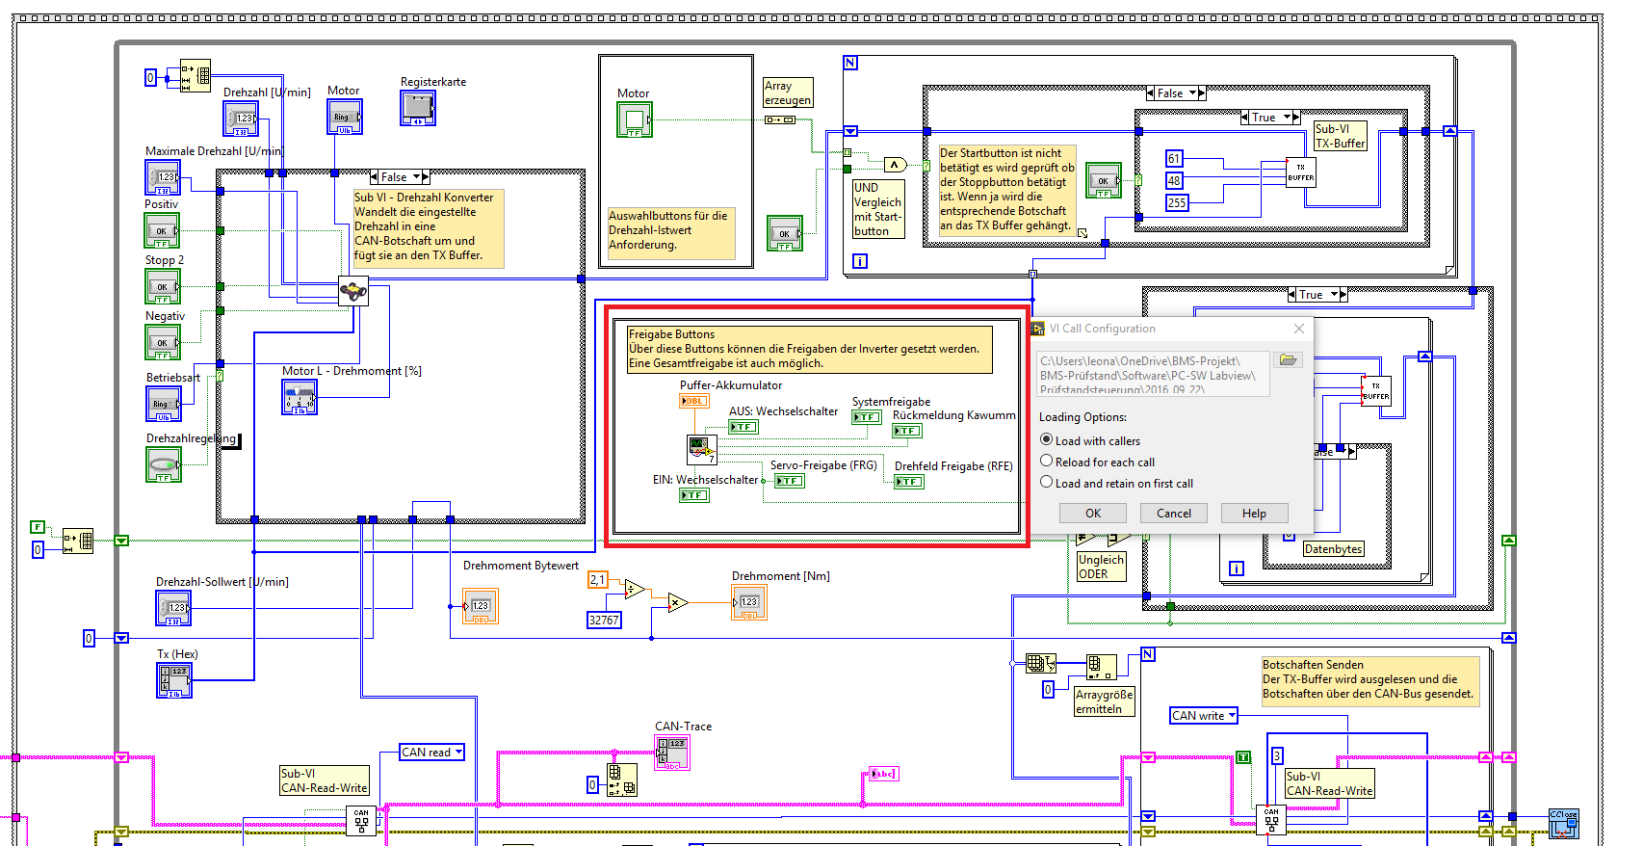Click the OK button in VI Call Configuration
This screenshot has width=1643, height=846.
coord(1092,514)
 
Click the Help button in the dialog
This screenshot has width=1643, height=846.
coord(1254,514)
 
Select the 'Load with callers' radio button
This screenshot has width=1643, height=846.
coord(1047,439)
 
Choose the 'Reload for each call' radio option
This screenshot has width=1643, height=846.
coord(1047,462)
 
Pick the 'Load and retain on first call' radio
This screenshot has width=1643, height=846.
coord(1047,483)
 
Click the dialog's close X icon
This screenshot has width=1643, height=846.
coord(1299,329)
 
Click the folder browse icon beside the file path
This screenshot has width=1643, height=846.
coord(1288,360)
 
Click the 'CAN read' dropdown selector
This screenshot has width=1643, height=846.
coord(432,753)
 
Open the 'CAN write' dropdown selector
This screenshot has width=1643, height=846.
coord(1204,716)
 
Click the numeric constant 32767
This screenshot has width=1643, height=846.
coord(604,621)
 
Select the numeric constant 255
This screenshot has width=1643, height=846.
coord(1177,203)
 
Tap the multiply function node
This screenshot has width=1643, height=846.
coord(678,603)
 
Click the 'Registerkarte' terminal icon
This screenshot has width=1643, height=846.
coord(418,107)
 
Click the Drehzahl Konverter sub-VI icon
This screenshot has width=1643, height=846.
coord(353,290)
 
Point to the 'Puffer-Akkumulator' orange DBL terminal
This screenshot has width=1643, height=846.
coord(694,401)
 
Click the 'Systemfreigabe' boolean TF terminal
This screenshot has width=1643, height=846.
coord(867,417)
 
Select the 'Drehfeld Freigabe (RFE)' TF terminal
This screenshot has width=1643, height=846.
coord(909,482)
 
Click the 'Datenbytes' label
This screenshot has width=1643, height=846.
coord(1333,549)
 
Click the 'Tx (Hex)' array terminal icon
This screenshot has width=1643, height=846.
coord(174,680)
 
